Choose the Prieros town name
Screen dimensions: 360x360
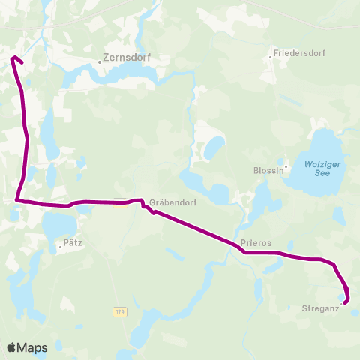click(256, 243)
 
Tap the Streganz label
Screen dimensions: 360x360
click(321, 308)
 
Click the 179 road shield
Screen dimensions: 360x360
click(119, 311)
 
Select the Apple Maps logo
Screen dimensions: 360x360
click(27, 347)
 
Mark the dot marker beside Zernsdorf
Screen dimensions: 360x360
click(99, 62)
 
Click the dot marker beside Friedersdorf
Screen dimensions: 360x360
click(271, 55)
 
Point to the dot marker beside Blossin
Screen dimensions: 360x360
click(286, 166)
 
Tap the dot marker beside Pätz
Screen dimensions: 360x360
click(61, 245)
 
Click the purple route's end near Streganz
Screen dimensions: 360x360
click(345, 302)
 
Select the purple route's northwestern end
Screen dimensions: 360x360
click(13, 58)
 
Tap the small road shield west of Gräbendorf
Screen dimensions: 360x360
click(118, 203)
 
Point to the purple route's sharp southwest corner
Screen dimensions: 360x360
click(16, 200)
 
